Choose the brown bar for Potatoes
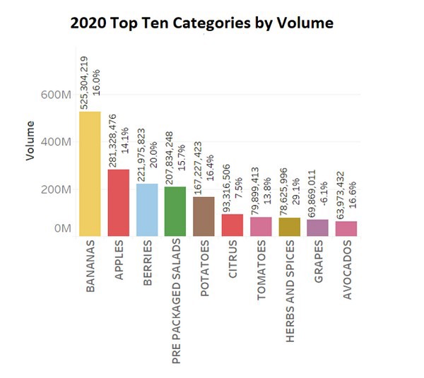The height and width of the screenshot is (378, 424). pos(204,216)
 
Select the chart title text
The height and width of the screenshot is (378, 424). pos(201,23)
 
